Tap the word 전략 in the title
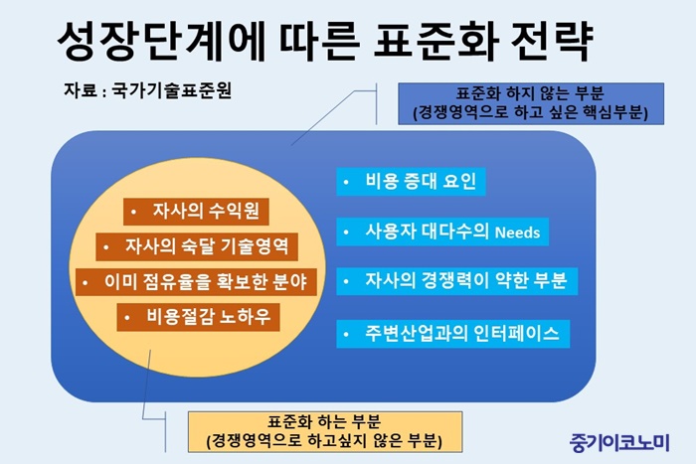coord(552,41)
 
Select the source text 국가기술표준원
coord(171,90)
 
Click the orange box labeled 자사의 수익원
coord(196,212)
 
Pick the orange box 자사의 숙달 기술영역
coord(197,246)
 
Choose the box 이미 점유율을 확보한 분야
coord(196,282)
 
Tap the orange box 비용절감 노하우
coord(199,317)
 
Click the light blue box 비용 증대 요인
coord(411,182)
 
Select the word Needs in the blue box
coord(517,232)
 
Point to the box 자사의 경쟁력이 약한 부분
coord(457,281)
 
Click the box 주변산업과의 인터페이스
coord(453,334)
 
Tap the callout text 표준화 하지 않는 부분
coord(530,93)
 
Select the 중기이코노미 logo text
coord(619,442)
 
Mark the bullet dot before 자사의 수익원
coord(133,212)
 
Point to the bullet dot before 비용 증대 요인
coord(346,182)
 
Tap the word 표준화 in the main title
coord(436,41)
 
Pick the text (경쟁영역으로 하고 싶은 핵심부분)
coord(530,113)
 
